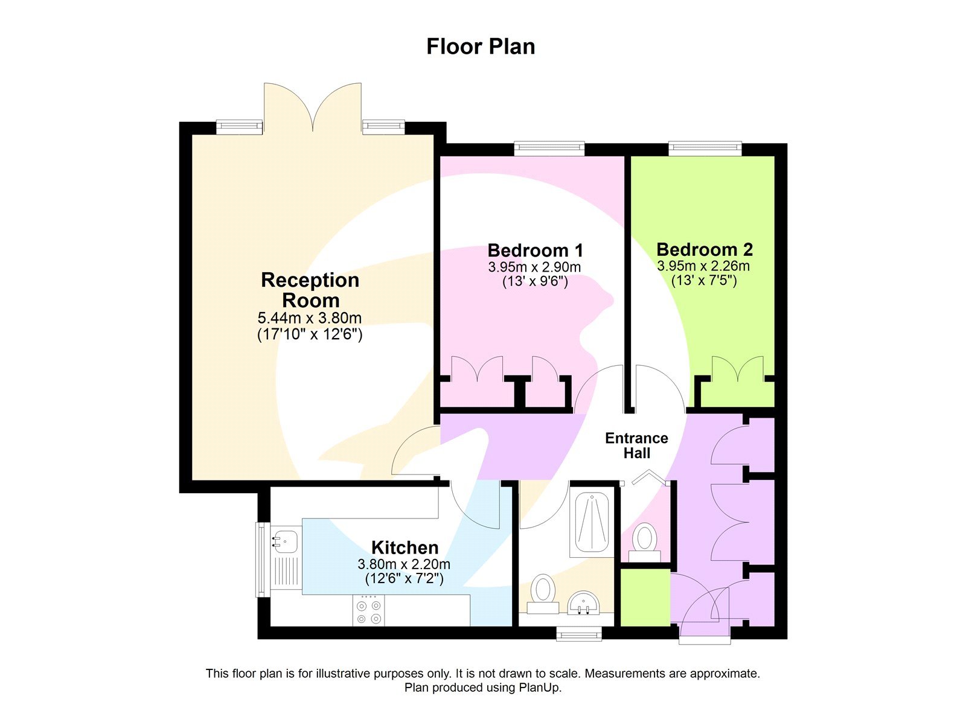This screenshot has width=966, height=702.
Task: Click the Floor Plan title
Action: click(x=481, y=46)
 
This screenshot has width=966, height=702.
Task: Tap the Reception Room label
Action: click(x=310, y=290)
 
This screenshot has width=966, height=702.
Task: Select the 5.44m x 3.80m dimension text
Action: click(x=310, y=318)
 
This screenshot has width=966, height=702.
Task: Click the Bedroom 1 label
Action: click(x=535, y=250)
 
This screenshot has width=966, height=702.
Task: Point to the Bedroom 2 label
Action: click(x=704, y=249)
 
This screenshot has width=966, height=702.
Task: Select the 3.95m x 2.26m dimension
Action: click(x=703, y=266)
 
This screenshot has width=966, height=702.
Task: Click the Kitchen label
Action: click(x=405, y=547)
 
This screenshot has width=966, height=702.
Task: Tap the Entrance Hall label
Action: click(x=636, y=445)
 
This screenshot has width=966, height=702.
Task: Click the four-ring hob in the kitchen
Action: click(x=368, y=611)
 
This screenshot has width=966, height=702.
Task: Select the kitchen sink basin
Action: click(x=284, y=541)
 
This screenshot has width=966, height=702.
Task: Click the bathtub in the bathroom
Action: click(x=591, y=523)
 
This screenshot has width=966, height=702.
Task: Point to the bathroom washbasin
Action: click(x=583, y=602)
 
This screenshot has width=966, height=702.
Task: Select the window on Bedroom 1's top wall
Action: click(x=549, y=148)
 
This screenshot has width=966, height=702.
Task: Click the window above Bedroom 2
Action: click(x=705, y=148)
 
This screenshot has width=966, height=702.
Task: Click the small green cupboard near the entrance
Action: click(x=645, y=597)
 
